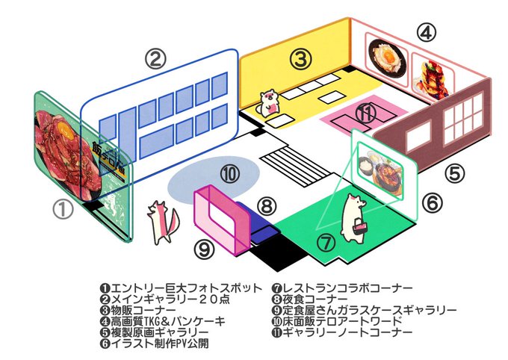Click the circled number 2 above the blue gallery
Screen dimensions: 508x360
pyautogui.click(x=155, y=59)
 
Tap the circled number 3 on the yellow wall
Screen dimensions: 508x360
pyautogui.click(x=301, y=59)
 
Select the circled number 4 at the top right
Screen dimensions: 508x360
pyautogui.click(x=427, y=33)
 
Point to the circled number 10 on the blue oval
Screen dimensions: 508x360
pyautogui.click(x=230, y=174)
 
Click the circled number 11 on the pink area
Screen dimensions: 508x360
pyautogui.click(x=366, y=114)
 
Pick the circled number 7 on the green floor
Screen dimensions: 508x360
pyautogui.click(x=326, y=242)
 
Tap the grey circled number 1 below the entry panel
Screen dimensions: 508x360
pyautogui.click(x=63, y=209)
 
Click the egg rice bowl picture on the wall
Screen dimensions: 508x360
pyautogui.click(x=386, y=58)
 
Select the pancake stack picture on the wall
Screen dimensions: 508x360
pyautogui.click(x=432, y=77)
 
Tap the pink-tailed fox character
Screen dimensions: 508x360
pyautogui.click(x=162, y=222)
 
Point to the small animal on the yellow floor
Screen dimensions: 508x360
pyautogui.click(x=269, y=103)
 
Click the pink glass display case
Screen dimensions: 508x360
pyautogui.click(x=222, y=220)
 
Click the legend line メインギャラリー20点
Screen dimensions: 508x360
pyautogui.click(x=165, y=299)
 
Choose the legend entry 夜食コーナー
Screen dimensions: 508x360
pyautogui.click(x=310, y=299)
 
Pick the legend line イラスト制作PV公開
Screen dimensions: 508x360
pyautogui.click(x=154, y=343)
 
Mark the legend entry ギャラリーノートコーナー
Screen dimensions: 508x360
pyautogui.click(x=343, y=332)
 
